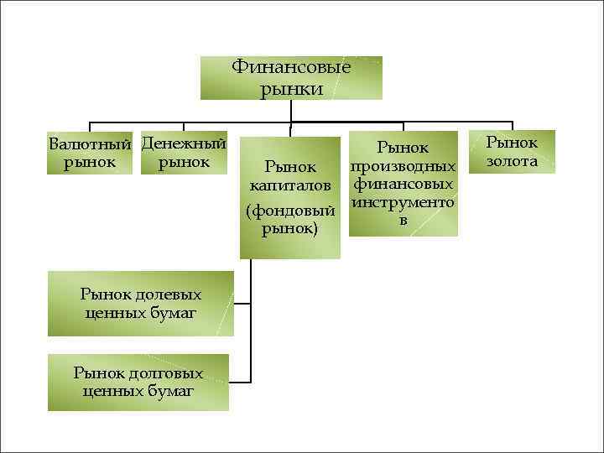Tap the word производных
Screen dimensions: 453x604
coord(404,165)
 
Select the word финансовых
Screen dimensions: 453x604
coord(404,184)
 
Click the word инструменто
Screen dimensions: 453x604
coord(404,202)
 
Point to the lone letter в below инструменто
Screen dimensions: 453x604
coord(404,220)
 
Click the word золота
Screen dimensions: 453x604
coord(513,161)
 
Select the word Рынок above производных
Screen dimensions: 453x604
coord(404,148)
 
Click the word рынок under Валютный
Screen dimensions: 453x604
coord(90,161)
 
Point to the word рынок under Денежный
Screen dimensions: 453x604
coord(184,160)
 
